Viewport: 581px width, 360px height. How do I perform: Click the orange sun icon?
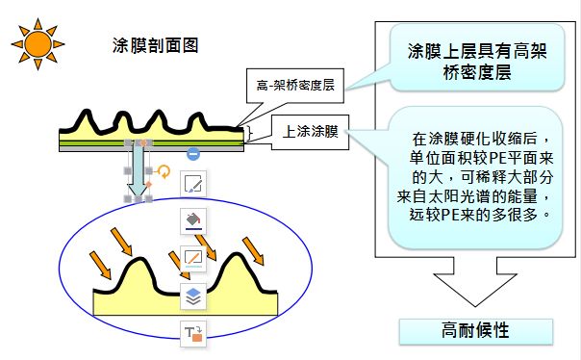pyautogui.click(x=38, y=44)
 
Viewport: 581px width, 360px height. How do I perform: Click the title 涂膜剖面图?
pyautogui.click(x=155, y=45)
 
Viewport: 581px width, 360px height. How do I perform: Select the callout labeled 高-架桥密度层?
pyautogui.click(x=295, y=86)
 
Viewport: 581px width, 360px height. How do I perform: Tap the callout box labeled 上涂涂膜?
pyautogui.click(x=310, y=133)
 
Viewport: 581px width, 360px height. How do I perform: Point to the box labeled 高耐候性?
pyautogui.click(x=476, y=331)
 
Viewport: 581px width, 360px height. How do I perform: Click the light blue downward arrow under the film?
pyautogui.click(x=138, y=171)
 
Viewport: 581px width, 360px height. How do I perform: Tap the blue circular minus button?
pyautogui.click(x=193, y=153)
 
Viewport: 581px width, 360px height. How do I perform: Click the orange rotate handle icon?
pyautogui.click(x=164, y=171)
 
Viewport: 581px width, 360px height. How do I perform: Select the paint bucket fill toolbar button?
pyautogui.click(x=193, y=221)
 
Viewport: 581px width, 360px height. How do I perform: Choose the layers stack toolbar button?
pyautogui.click(x=193, y=296)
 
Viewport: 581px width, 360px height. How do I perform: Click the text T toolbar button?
pyautogui.click(x=193, y=334)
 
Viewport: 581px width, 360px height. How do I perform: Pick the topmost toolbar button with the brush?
pyautogui.click(x=193, y=183)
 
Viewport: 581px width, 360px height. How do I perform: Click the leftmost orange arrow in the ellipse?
pyautogui.click(x=100, y=265)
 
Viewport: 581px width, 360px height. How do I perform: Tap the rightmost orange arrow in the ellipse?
pyautogui.click(x=253, y=251)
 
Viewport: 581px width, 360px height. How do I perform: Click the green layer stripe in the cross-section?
pyautogui.click(x=151, y=143)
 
